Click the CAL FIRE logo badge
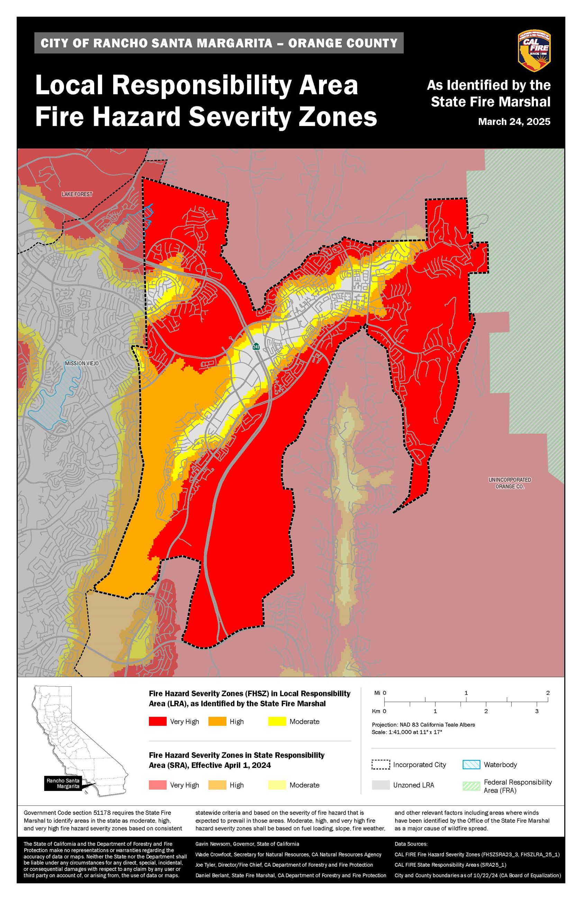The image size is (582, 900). [x=534, y=51]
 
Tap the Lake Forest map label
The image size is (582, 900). [x=77, y=194]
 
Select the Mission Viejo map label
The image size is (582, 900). [x=82, y=363]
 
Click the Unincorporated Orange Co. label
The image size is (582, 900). [x=510, y=483]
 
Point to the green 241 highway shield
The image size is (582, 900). [x=256, y=346]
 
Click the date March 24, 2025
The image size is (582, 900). [x=514, y=122]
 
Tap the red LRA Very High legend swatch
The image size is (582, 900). [x=157, y=721]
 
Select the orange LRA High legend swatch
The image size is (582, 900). [x=217, y=721]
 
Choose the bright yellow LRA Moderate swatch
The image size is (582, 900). [x=277, y=721]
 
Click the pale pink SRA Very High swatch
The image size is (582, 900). [x=157, y=785]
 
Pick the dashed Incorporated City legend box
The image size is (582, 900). [x=381, y=764]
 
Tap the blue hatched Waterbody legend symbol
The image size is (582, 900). [x=471, y=764]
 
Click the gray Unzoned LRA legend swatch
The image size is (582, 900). [x=381, y=785]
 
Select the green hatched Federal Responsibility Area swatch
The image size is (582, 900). [x=471, y=786]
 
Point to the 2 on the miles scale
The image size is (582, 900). [x=548, y=693]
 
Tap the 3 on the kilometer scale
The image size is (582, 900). [x=537, y=711]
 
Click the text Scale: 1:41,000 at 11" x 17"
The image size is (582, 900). [x=407, y=732]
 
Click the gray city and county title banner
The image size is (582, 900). [x=219, y=43]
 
